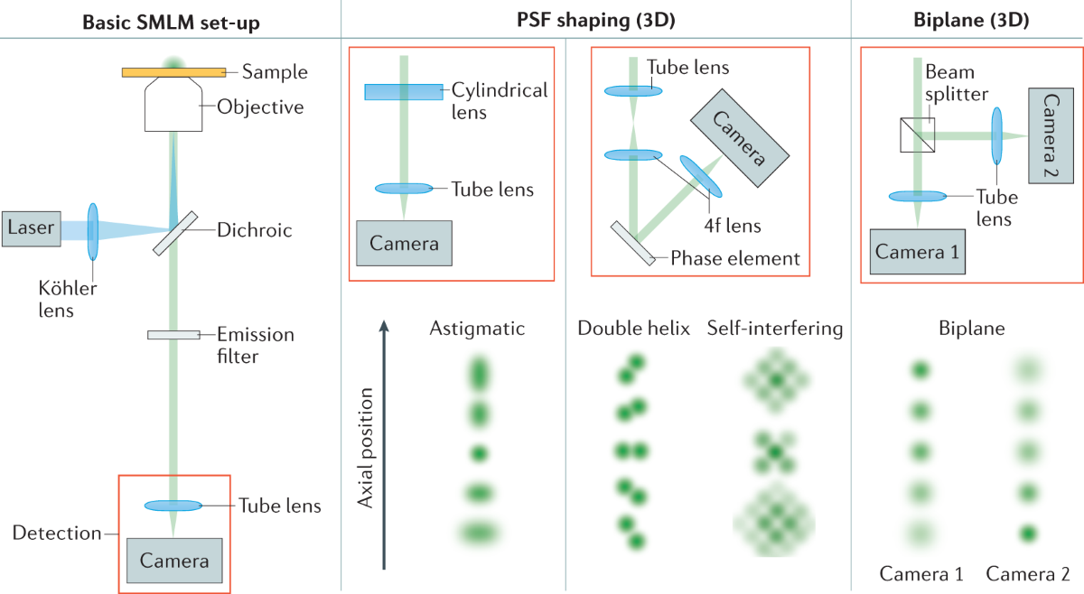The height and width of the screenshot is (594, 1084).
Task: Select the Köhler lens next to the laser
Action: click(92, 231)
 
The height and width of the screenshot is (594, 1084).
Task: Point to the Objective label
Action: click(260, 107)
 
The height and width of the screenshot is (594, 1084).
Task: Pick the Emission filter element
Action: click(173, 335)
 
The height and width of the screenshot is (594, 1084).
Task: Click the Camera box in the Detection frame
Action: click(174, 562)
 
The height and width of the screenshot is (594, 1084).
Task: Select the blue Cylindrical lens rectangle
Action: click(403, 91)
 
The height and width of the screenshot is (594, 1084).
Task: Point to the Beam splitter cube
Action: click(917, 135)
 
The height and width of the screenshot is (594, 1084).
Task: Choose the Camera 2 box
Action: click(1050, 136)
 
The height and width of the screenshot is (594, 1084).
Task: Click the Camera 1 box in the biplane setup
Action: click(918, 252)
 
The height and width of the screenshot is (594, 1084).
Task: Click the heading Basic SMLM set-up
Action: click(171, 20)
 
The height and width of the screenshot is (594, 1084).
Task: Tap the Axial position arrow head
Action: click(385, 323)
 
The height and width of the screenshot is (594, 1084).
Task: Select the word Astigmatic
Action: click(478, 329)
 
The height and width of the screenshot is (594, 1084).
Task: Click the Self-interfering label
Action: click(775, 329)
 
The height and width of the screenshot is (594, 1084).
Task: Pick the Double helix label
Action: click(633, 329)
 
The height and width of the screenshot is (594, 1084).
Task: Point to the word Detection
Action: click(57, 533)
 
